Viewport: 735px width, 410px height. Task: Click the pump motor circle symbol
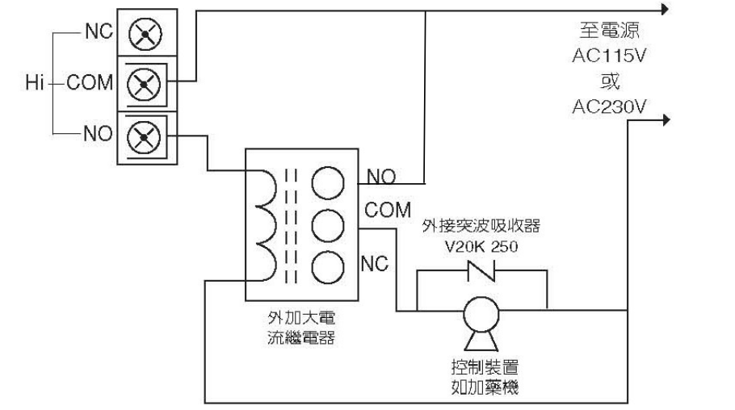click(481, 311)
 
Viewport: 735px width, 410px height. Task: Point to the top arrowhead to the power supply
click(664, 10)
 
